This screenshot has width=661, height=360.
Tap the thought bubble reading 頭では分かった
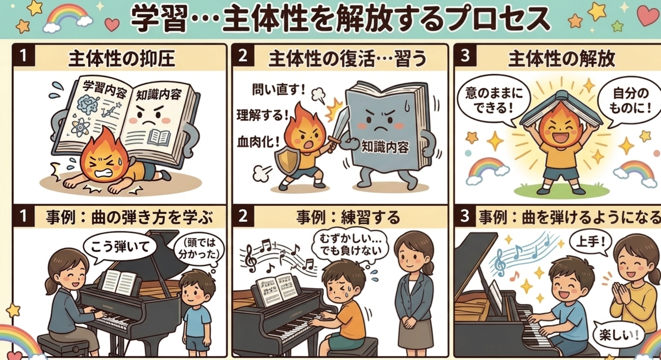[197, 250]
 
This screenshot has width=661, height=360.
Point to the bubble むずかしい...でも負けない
[350, 246]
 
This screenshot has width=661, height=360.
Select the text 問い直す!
[279, 90]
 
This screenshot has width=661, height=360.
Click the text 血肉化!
[258, 143]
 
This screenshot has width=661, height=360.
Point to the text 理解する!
[263, 115]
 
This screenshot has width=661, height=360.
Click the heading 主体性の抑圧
[122, 59]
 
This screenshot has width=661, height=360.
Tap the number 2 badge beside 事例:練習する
[243, 216]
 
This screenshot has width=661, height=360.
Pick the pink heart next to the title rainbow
[112, 24]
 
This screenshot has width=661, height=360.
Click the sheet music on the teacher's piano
[119, 282]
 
